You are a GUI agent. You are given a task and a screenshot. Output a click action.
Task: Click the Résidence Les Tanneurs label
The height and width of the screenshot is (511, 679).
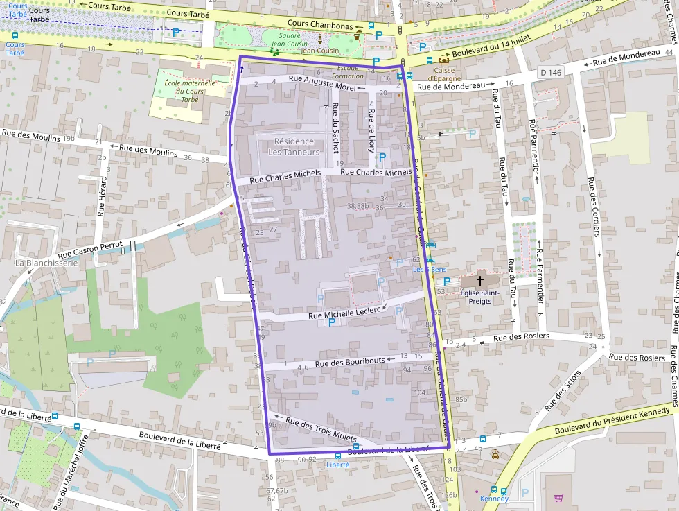click(x=293, y=146)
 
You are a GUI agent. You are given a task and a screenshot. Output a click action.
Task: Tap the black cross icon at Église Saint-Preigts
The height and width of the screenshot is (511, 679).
click(x=479, y=280)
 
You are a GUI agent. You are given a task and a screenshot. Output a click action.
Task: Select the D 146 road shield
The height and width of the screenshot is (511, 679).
click(x=550, y=72)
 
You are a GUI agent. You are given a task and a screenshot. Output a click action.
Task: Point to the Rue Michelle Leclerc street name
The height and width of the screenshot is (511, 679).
click(x=344, y=314)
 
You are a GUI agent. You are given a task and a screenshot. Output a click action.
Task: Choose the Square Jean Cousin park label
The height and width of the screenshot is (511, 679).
click(x=285, y=40)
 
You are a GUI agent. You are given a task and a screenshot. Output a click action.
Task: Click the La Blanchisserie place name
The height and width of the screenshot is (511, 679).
click(x=46, y=263)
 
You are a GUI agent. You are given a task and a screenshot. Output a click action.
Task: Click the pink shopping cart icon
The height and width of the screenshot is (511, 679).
click(x=558, y=497)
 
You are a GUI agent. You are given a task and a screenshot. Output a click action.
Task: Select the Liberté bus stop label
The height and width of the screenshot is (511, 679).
click(x=338, y=465)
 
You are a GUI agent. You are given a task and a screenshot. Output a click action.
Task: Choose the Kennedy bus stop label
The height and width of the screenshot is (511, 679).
click(x=494, y=499)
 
